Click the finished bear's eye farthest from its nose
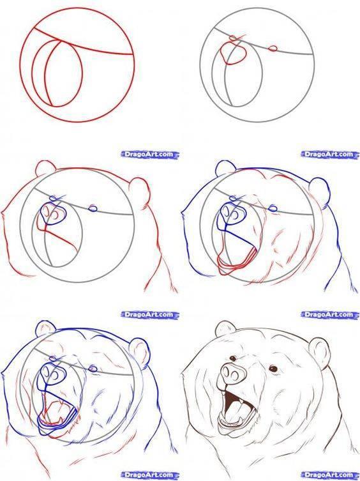pos(274,369)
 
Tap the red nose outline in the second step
pos(235,54)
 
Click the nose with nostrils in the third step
pos(53,214)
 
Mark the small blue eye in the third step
pos(94,208)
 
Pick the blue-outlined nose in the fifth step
pos(50,373)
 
